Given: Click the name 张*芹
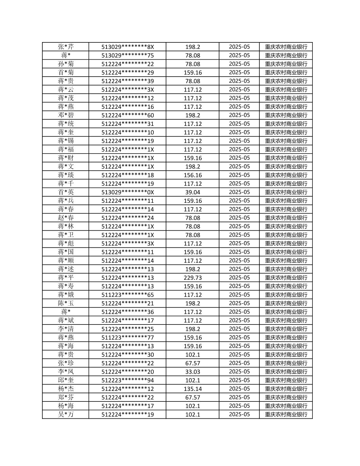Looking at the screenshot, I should point(66,47).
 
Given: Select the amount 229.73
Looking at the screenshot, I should point(193,278).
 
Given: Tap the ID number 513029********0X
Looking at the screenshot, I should point(127,192).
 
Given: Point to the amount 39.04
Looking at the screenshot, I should point(193,192).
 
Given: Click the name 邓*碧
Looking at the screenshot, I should point(66,115).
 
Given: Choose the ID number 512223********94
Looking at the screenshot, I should point(127,380).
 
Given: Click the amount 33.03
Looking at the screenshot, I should point(193,372).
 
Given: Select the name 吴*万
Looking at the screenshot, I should point(66,414).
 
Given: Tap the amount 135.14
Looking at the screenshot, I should point(193,389).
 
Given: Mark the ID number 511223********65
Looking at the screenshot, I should point(127,295).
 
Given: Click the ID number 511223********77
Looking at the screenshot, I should point(127,338).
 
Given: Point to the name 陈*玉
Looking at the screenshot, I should point(66,303).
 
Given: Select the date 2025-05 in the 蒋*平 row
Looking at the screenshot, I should point(239,278).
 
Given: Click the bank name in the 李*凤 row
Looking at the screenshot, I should point(286,372).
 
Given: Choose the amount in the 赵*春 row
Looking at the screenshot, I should point(193,218).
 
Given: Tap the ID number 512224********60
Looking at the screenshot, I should point(127,115).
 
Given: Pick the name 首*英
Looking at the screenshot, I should point(66,192).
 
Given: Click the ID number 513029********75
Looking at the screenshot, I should point(127,55).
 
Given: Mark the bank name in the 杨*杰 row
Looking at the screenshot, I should point(286,389).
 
